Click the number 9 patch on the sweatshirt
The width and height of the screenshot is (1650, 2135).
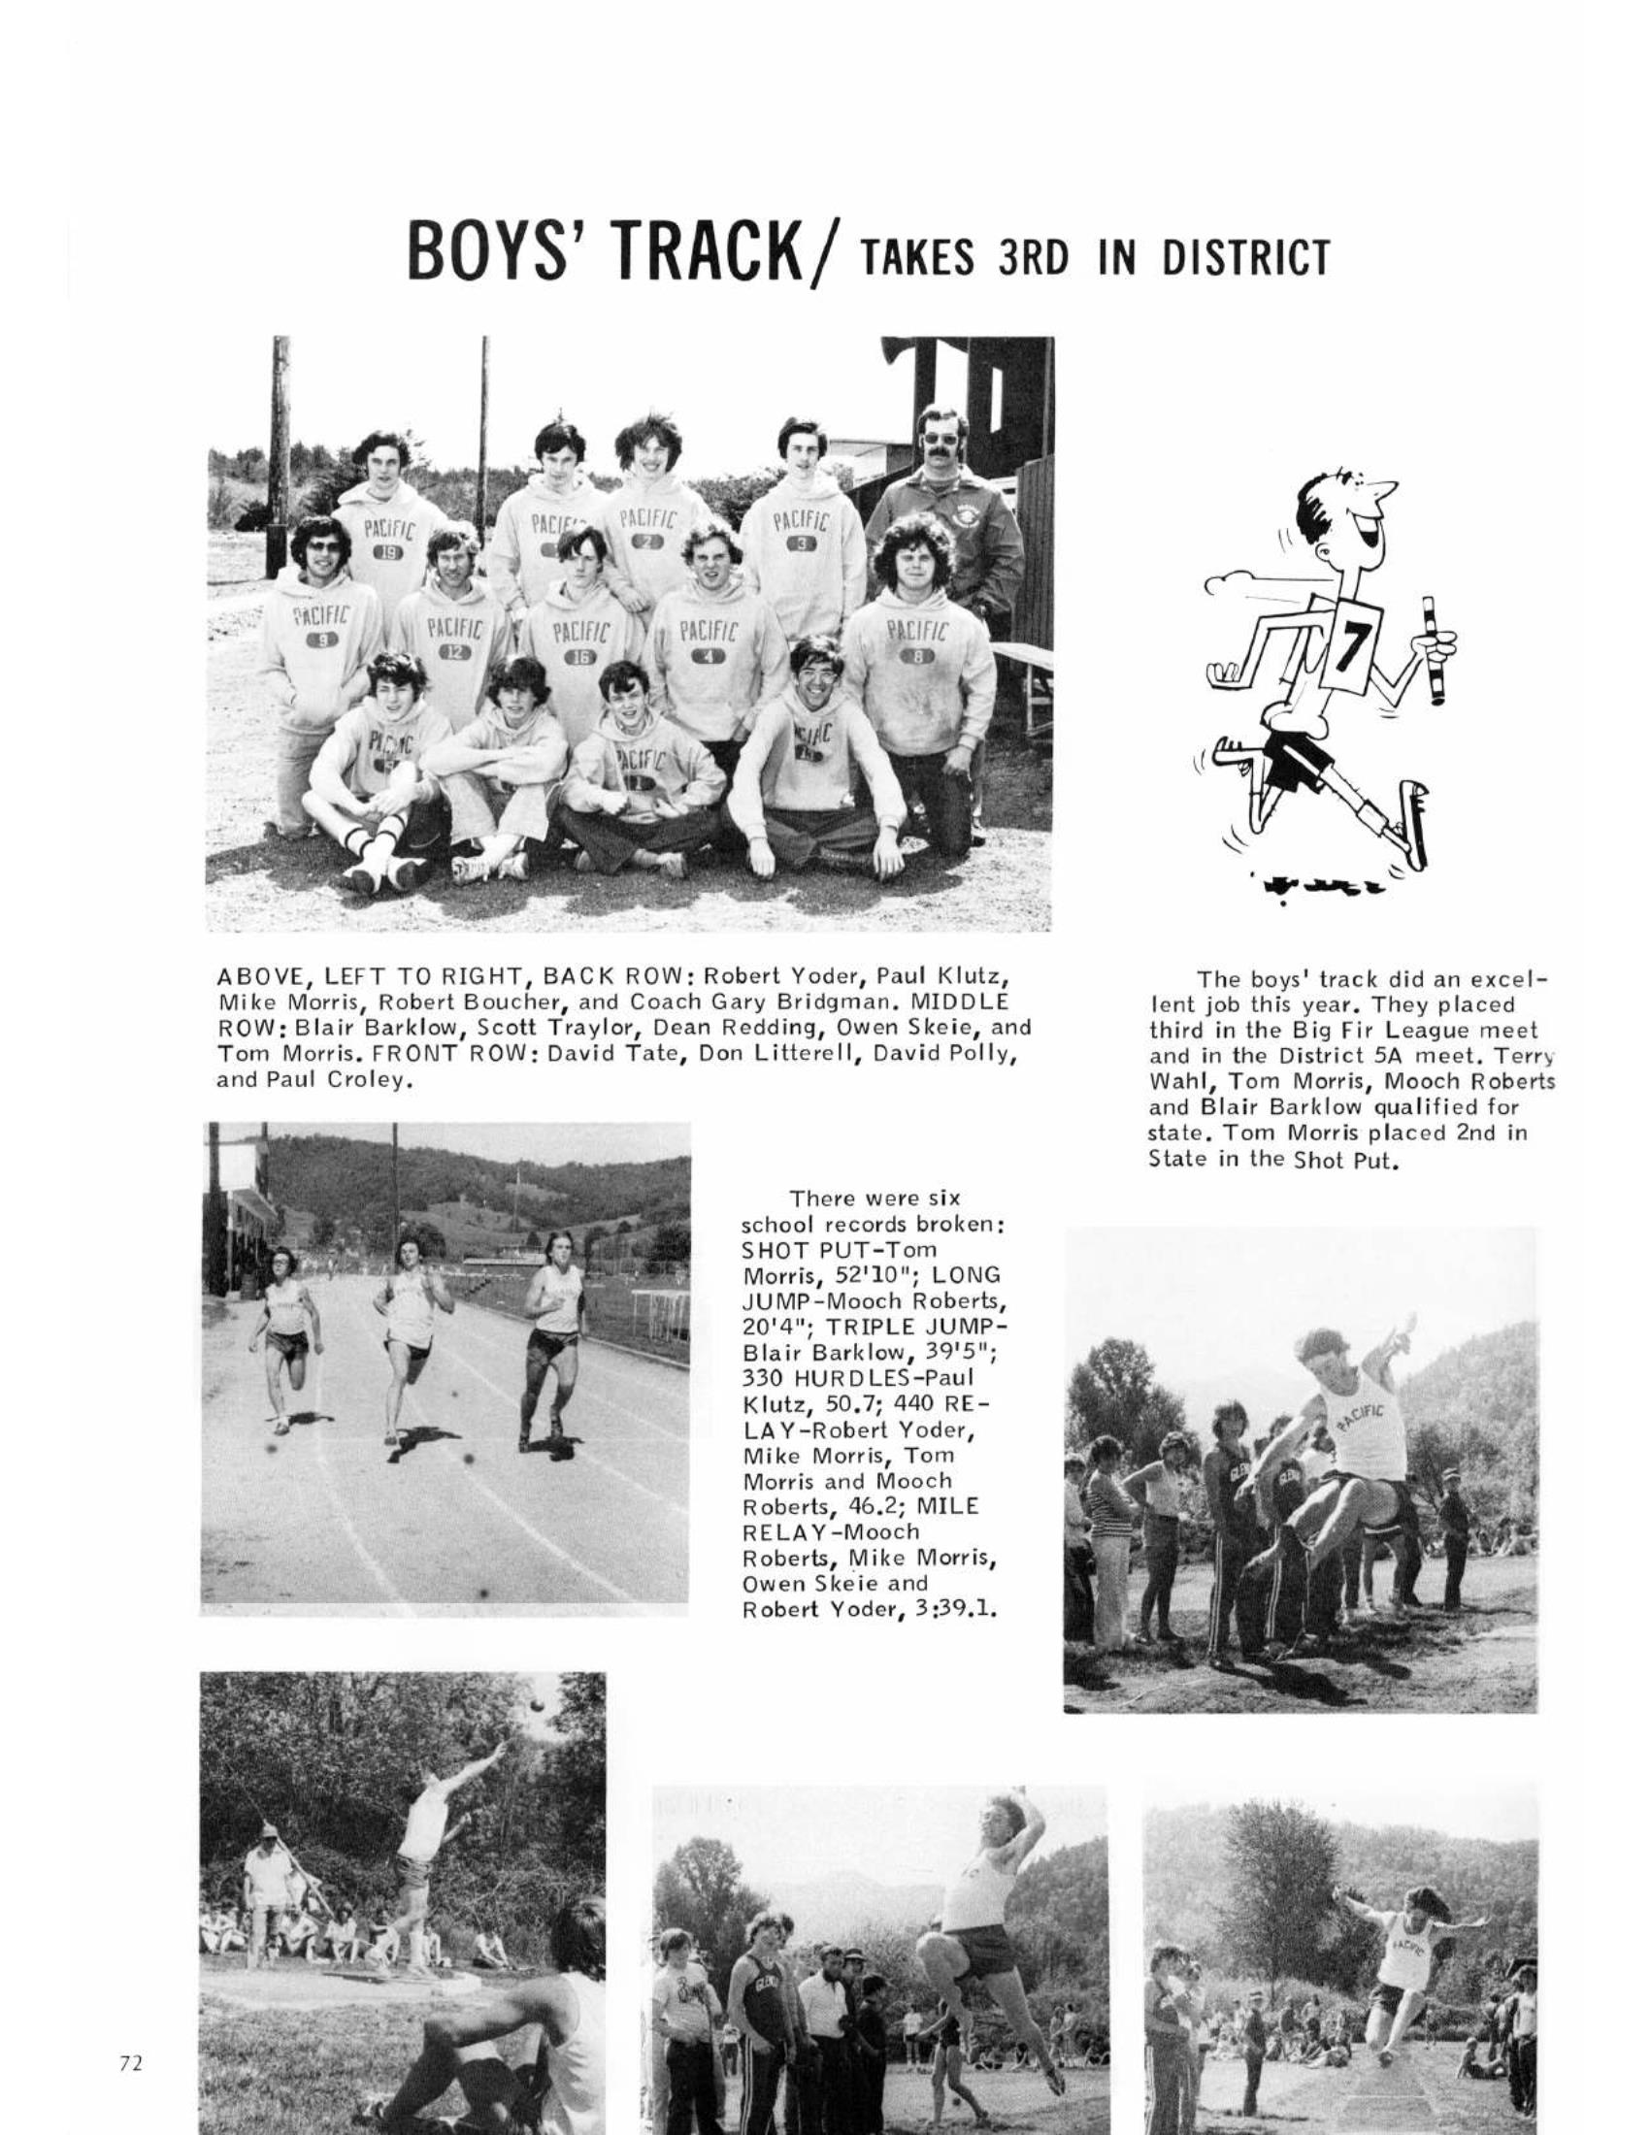pos(318,641)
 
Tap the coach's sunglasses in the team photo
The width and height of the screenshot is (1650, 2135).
pos(940,437)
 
